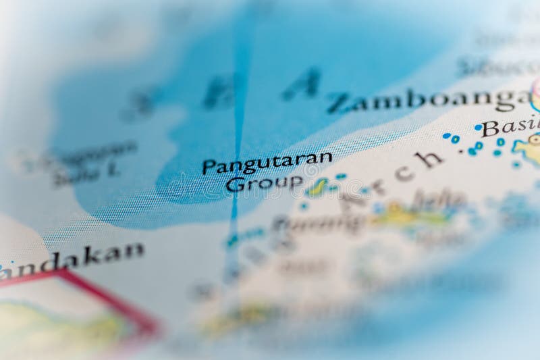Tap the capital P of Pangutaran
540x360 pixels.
(x=209, y=167)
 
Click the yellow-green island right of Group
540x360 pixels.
(x=317, y=187)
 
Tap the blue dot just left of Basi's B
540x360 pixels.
(x=478, y=127)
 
